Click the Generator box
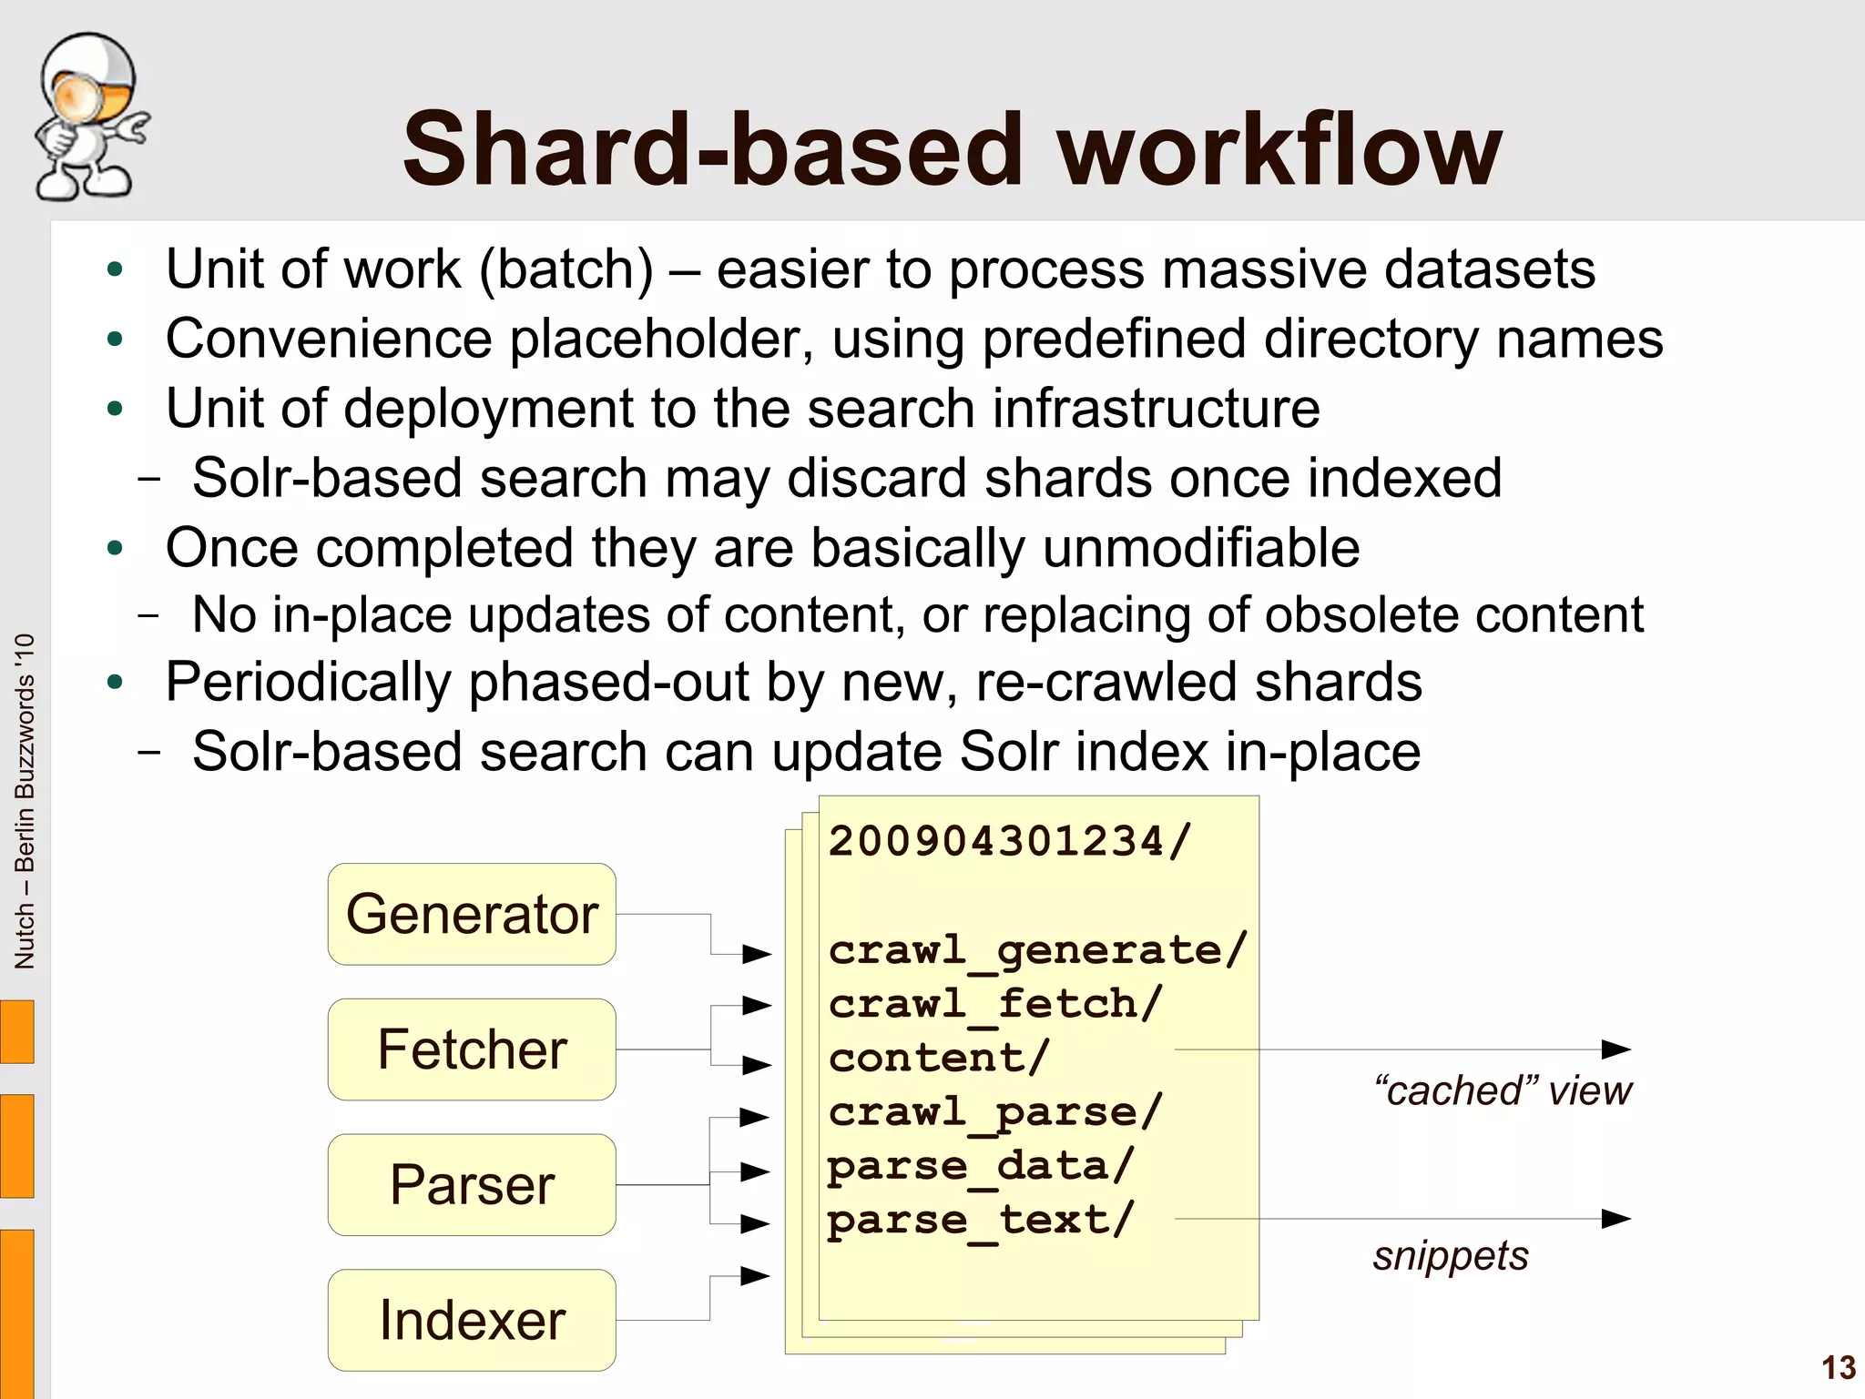click(x=472, y=914)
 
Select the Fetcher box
click(x=472, y=1049)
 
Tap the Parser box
click(x=472, y=1184)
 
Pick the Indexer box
click(x=472, y=1320)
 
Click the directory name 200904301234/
click(x=1009, y=841)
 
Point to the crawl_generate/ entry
click(x=1037, y=950)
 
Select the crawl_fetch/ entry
click(x=995, y=1005)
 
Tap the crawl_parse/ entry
click(x=995, y=1112)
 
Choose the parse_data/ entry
click(x=981, y=1166)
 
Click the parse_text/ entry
click(x=981, y=1220)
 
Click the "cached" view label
click(x=1503, y=1090)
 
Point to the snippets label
click(x=1451, y=1256)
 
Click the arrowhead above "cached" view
click(x=1615, y=1049)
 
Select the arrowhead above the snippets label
click(x=1615, y=1219)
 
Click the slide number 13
click(x=1838, y=1368)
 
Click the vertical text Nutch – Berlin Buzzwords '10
click(x=25, y=801)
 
